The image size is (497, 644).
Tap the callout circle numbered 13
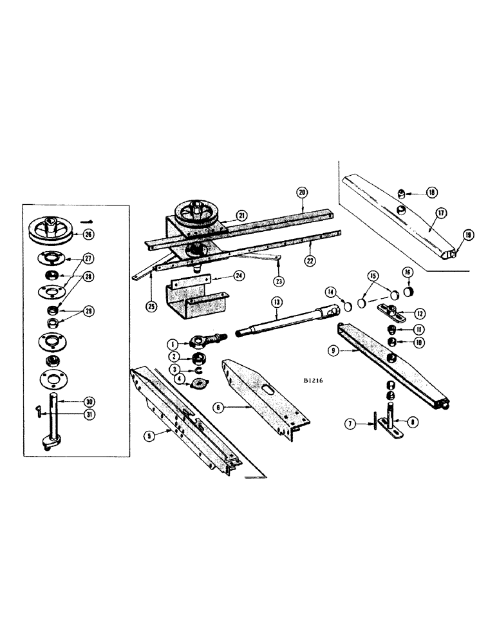point(277,302)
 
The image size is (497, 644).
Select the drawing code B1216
point(315,381)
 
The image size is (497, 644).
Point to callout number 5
point(150,435)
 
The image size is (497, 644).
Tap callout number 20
point(302,192)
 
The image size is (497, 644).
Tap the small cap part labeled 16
point(405,292)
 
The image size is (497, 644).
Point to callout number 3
point(173,370)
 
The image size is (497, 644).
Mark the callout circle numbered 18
point(431,192)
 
